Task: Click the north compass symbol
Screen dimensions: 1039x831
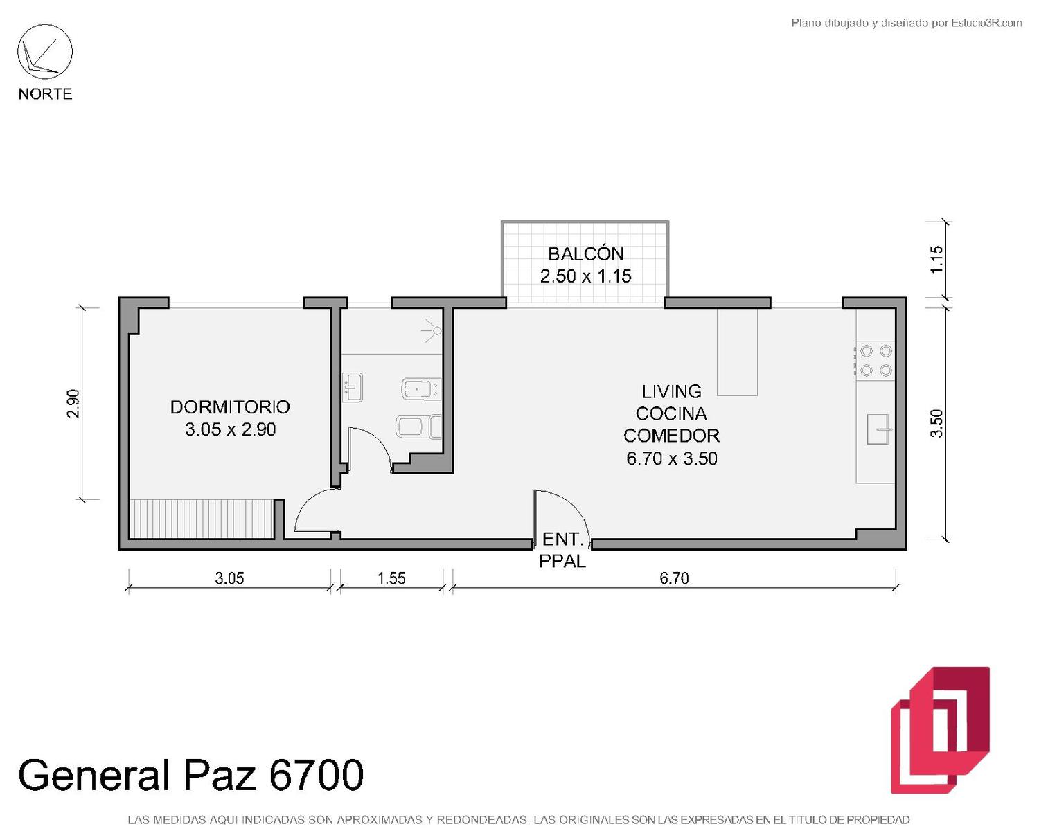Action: point(45,52)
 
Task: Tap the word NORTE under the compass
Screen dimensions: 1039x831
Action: point(46,93)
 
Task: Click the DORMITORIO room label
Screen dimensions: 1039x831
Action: point(230,407)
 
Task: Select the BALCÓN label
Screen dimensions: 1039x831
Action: point(585,254)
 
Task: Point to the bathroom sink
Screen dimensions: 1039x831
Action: point(353,387)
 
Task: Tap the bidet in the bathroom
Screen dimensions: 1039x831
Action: point(418,427)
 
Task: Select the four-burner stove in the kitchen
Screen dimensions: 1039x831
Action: point(876,360)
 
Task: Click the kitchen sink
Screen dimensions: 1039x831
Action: point(878,429)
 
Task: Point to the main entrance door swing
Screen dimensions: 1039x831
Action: point(561,515)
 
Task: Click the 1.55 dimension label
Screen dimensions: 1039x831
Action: point(391,578)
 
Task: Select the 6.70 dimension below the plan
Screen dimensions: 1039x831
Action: point(674,578)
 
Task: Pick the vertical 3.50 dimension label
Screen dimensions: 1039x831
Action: point(936,424)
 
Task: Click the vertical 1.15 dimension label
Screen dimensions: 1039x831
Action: point(936,260)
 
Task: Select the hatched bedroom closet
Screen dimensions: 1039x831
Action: point(202,519)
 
